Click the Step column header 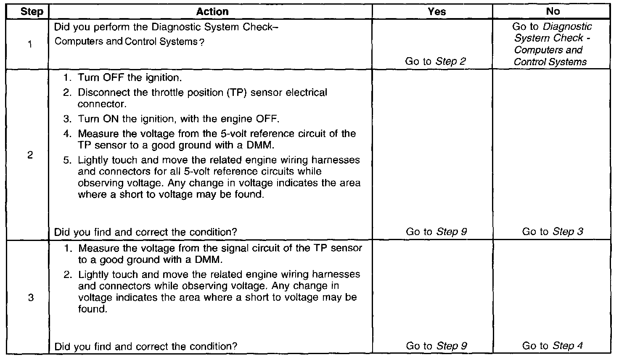click(x=32, y=12)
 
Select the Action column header click(x=212, y=12)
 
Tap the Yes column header click(x=436, y=12)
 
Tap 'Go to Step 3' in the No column click(x=553, y=232)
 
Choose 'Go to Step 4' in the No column click(x=553, y=346)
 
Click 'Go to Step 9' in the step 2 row click(x=436, y=232)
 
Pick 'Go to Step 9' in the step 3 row click(x=436, y=346)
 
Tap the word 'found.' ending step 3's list click(x=90, y=309)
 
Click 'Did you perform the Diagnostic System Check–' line click(x=167, y=27)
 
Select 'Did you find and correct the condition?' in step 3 click(x=146, y=347)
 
